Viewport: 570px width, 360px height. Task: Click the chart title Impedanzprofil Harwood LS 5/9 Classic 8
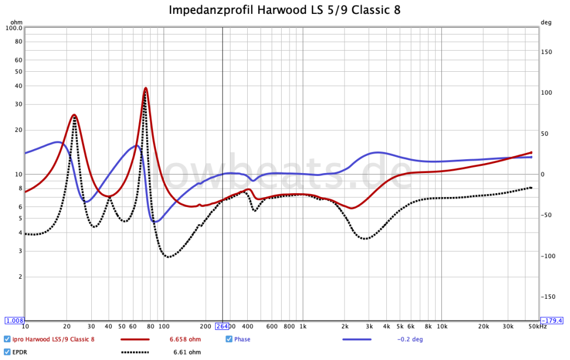pyautogui.click(x=284, y=10)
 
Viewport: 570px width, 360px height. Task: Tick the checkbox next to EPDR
pyautogui.click(x=7, y=352)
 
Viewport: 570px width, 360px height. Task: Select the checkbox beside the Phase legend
pyautogui.click(x=229, y=339)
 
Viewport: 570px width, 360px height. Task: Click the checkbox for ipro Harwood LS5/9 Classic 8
pyautogui.click(x=7, y=339)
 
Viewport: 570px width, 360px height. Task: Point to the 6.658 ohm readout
pyautogui.click(x=185, y=339)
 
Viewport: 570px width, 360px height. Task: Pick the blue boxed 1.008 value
pyautogui.click(x=14, y=320)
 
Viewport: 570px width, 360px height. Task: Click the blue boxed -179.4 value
pyautogui.click(x=553, y=320)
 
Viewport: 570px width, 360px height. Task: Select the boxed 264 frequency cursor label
pyautogui.click(x=223, y=326)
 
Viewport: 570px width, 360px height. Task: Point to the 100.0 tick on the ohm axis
pyautogui.click(x=13, y=28)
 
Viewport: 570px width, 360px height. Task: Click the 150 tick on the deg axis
pyautogui.click(x=548, y=52)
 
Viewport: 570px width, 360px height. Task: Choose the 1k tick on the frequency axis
pyautogui.click(x=303, y=326)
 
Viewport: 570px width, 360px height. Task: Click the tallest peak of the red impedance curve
pyautogui.click(x=145, y=88)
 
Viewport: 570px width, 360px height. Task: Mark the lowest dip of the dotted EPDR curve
pyautogui.click(x=169, y=257)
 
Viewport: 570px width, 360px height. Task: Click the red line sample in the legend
pyautogui.click(x=135, y=339)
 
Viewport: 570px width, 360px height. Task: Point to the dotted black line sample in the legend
pyautogui.click(x=135, y=352)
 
